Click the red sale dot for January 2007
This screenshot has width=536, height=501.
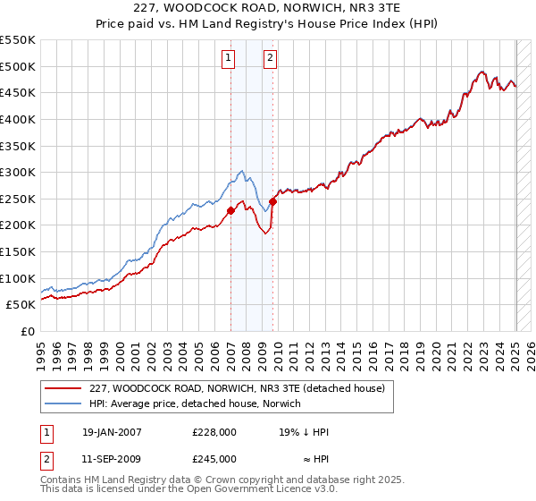[x=231, y=210]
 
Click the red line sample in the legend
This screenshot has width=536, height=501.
[x=64, y=387]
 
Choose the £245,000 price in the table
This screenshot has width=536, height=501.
[x=214, y=459]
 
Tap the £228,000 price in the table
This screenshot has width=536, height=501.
[x=214, y=432]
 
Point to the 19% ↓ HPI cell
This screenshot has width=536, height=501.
[x=304, y=432]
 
